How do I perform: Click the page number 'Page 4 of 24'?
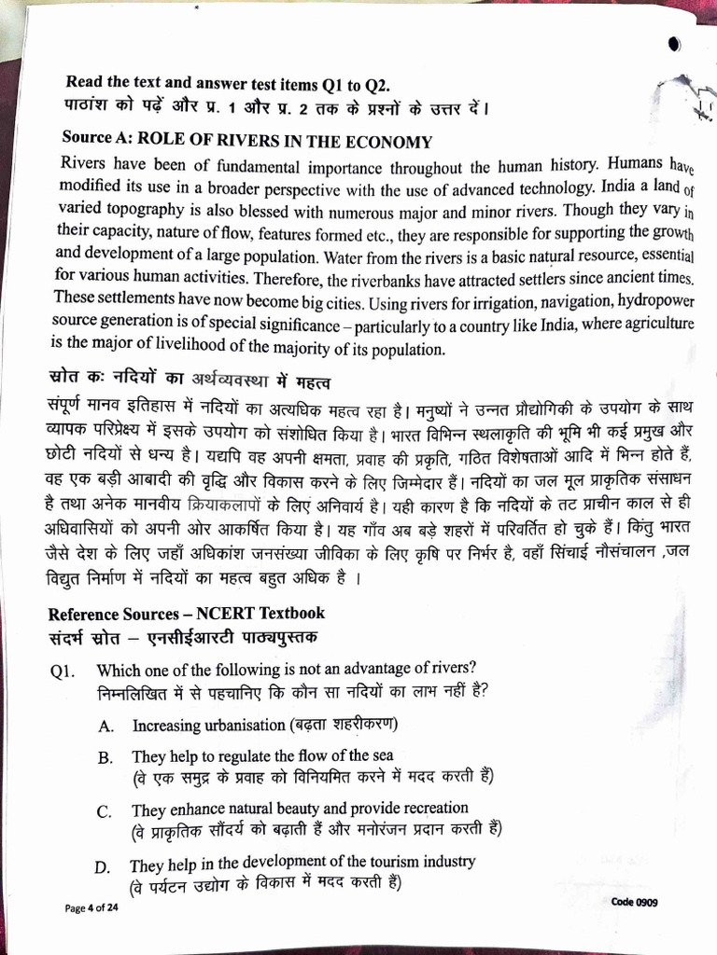coord(91,907)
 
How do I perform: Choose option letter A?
coord(106,726)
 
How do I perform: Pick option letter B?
coord(105,758)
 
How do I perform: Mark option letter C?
coord(105,811)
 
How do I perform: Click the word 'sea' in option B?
coord(382,755)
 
